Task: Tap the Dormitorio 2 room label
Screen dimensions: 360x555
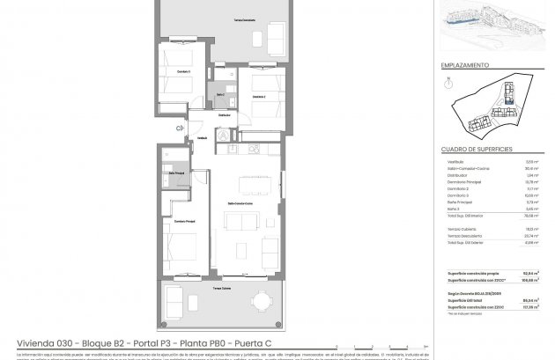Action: coord(255,97)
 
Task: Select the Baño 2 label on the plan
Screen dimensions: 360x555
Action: coord(220,94)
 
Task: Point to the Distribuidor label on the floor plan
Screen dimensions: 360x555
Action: coord(225,114)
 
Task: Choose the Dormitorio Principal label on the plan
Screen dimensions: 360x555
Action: coord(185,221)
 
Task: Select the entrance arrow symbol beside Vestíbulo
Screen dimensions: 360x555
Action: coord(179,129)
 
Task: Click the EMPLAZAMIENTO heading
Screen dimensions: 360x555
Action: coord(464,66)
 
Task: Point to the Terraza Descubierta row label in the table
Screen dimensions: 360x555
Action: coord(463,234)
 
